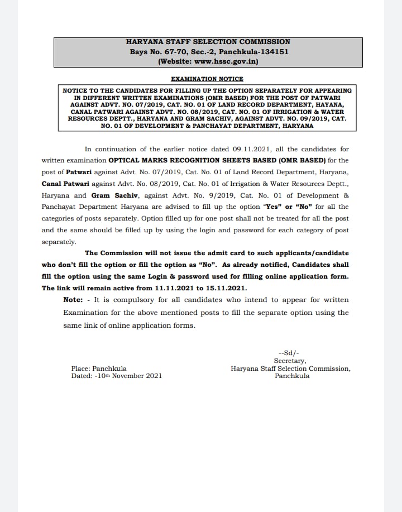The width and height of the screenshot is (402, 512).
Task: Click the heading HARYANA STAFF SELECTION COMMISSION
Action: pyautogui.click(x=208, y=42)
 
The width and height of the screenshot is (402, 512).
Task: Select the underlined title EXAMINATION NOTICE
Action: pyautogui.click(x=207, y=79)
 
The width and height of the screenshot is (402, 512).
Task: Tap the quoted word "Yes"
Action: pyautogui.click(x=272, y=207)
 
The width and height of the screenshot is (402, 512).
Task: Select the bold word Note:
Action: pyautogui.click(x=73, y=300)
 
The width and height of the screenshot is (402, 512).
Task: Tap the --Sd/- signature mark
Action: pyautogui.click(x=288, y=353)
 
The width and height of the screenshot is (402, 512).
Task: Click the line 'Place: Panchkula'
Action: pyautogui.click(x=99, y=369)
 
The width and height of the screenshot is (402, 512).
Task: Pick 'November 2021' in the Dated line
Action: pyautogui.click(x=138, y=376)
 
